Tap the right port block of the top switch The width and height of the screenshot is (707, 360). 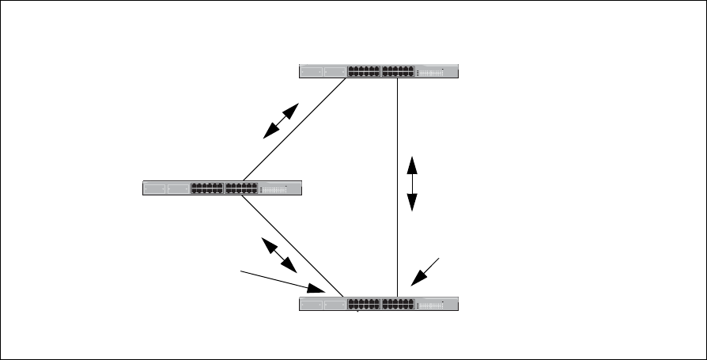coord(398,71)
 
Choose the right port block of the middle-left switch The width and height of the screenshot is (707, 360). coord(241,188)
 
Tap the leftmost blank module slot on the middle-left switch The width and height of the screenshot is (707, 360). coord(155,188)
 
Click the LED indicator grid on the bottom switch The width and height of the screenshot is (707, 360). coord(432,305)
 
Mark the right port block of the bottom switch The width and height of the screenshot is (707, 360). coord(398,304)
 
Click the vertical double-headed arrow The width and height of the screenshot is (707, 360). coord(412,184)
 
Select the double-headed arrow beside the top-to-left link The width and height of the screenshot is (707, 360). coord(281,121)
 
